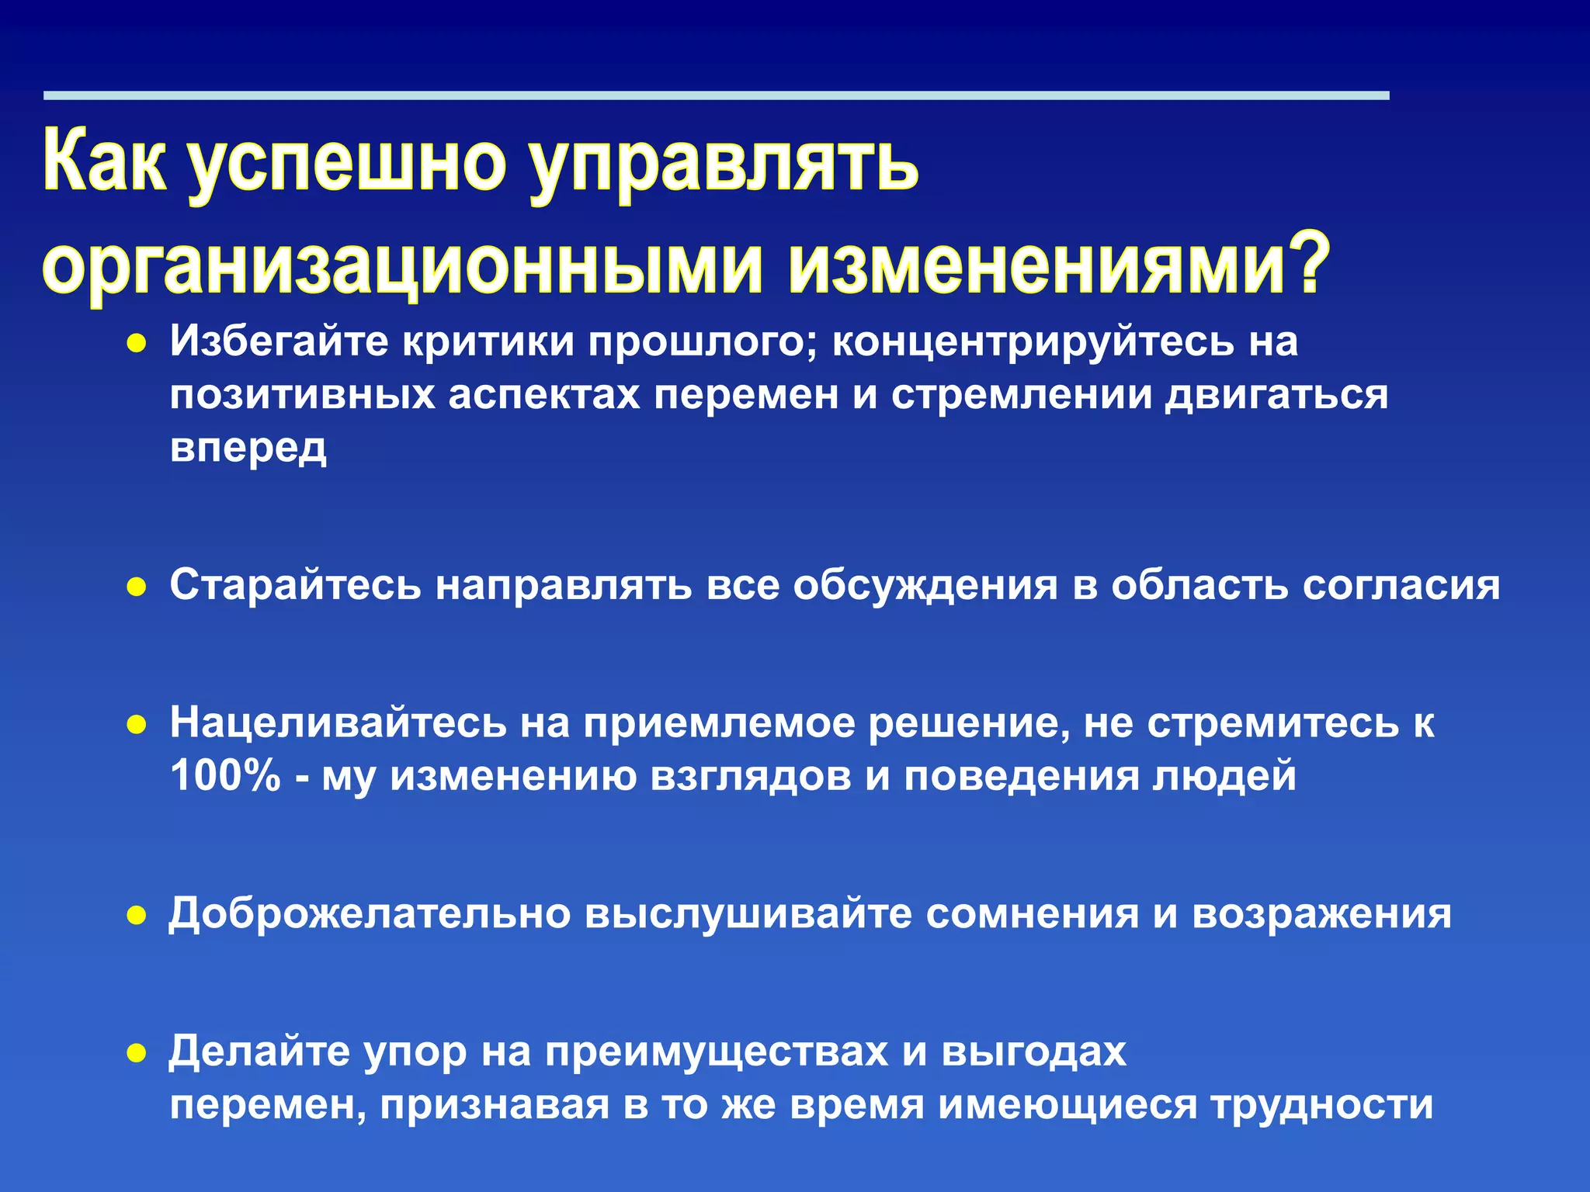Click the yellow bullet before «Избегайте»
[x=137, y=344]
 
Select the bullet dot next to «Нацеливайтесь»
[x=137, y=725]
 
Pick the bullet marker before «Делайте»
[x=137, y=1053]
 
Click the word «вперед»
[x=248, y=449]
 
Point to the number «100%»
[x=225, y=775]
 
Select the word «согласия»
[x=1401, y=585]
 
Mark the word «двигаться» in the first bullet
[x=1278, y=396]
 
